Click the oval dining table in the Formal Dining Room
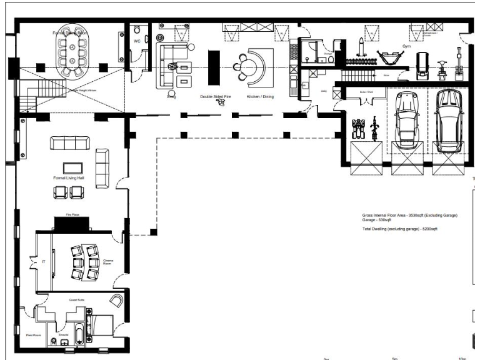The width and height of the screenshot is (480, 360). click(x=74, y=54)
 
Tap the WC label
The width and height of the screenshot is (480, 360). click(x=137, y=41)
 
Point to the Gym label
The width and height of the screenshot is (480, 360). click(x=406, y=46)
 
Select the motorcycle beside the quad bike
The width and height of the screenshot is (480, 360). click(x=374, y=129)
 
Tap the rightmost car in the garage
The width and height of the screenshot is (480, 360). click(x=448, y=121)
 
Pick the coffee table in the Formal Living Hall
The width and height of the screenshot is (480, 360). click(x=72, y=167)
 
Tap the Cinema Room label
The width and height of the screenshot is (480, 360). click(x=108, y=262)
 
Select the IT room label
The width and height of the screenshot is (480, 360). click(x=43, y=262)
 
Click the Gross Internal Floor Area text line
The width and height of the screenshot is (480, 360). click(x=409, y=215)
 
